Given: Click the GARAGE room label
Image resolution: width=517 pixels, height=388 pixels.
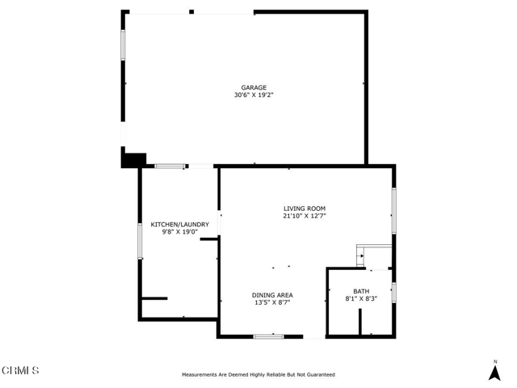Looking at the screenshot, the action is pos(254,87).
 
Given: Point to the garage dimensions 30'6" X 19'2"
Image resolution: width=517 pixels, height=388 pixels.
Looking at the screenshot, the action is pos(254,95).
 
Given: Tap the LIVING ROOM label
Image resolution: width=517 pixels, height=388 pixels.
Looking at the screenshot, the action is pos(305,209).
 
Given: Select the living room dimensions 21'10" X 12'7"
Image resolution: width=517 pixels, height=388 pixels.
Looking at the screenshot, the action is pos(305,216).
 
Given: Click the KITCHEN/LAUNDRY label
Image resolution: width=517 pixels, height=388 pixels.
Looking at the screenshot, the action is pos(179,225).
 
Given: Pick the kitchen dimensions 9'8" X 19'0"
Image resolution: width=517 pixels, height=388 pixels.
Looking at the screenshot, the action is pos(179,232).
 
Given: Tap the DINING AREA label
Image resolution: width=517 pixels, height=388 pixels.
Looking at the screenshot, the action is pos(272,295).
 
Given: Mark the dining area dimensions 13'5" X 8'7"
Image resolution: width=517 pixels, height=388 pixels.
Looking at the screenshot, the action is pos(272,302).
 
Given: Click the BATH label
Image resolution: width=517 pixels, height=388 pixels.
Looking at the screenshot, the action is pos(361,291).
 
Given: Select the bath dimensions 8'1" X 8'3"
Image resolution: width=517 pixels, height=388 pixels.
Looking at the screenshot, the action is pos(361,299).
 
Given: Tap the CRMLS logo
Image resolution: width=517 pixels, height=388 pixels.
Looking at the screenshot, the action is pos(20,370).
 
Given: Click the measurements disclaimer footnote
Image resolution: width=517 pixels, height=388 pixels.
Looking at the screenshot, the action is pos(258,374).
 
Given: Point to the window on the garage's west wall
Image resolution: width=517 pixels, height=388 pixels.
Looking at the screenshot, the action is pos(123,45).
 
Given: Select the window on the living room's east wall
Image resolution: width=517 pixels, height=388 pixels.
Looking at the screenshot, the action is pos(394,211).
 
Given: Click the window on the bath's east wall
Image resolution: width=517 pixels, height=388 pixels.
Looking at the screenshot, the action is pos(394,293).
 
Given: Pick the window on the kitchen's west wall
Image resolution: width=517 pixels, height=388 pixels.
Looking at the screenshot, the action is pos(140,241).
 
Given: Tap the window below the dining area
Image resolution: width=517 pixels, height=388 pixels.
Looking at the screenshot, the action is pos(268,336).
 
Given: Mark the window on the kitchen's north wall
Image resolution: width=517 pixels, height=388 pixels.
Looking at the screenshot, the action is pos(170,166).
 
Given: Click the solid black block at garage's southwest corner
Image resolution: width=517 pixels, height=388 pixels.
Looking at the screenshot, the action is pos(133,160).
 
